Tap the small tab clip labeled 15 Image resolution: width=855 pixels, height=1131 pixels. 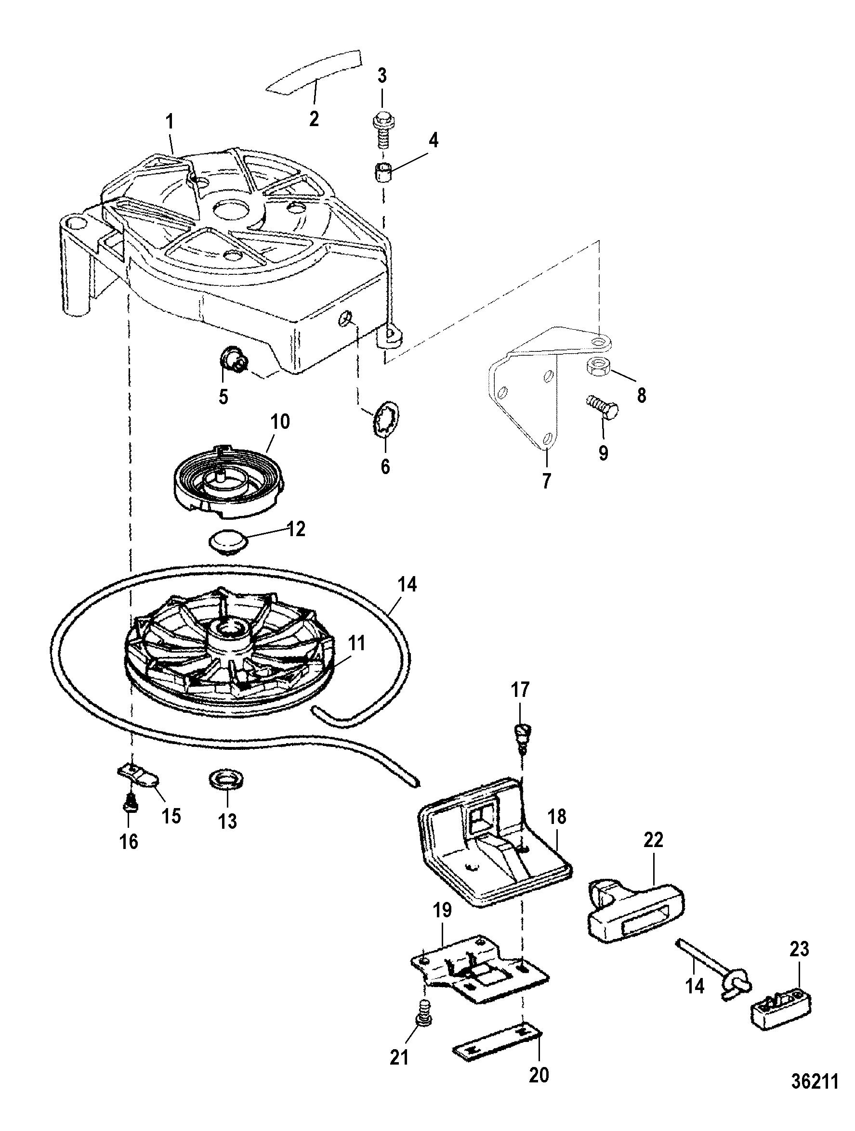[140, 787]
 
